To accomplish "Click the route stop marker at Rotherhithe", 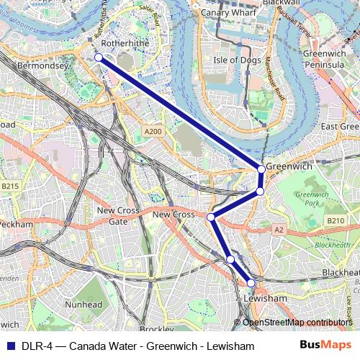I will point(99,57).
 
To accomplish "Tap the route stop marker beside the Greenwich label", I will point(261,169).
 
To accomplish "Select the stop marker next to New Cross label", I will point(211,217).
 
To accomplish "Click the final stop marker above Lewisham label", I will point(251,283).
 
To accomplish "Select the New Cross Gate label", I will point(117,216).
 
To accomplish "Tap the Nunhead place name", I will point(83,305).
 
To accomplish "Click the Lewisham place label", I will point(265,297).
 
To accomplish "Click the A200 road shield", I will point(152,132).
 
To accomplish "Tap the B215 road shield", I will point(9,186).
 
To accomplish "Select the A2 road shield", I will point(279,229).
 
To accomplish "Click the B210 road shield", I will point(336,220).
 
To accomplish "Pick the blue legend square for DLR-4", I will point(9,346).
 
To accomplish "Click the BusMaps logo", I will point(320,346).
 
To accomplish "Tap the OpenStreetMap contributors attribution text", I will point(297,322).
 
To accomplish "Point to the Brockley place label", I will point(156,329).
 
